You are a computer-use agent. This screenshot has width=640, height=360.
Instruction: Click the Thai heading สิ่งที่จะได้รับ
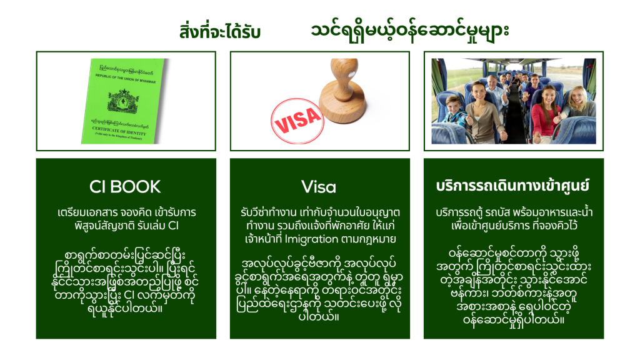(x=219, y=32)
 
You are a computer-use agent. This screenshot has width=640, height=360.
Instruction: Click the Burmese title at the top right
(x=410, y=31)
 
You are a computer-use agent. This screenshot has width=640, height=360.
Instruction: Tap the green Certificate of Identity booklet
(x=122, y=101)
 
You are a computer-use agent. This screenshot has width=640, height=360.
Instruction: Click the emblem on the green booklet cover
(x=123, y=101)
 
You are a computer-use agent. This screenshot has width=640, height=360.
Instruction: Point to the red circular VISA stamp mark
(x=297, y=121)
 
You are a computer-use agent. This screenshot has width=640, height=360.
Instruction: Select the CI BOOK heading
(x=125, y=187)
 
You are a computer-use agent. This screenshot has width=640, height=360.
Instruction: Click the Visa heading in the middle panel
(x=319, y=187)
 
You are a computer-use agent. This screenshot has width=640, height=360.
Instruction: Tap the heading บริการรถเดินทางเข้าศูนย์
(x=512, y=186)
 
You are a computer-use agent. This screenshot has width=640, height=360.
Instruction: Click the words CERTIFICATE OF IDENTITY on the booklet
(x=119, y=131)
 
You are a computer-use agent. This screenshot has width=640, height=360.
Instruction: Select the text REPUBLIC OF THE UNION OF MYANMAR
(x=126, y=78)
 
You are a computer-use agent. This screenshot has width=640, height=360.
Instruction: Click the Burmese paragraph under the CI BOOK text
(x=125, y=282)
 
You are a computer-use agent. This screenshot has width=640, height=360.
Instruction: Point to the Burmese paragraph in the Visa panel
(x=319, y=289)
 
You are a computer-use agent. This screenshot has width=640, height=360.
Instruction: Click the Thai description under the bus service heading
(x=514, y=219)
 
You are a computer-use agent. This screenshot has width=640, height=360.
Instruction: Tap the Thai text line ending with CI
(x=126, y=226)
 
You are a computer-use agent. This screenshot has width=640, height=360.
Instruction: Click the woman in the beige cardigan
(x=480, y=113)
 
